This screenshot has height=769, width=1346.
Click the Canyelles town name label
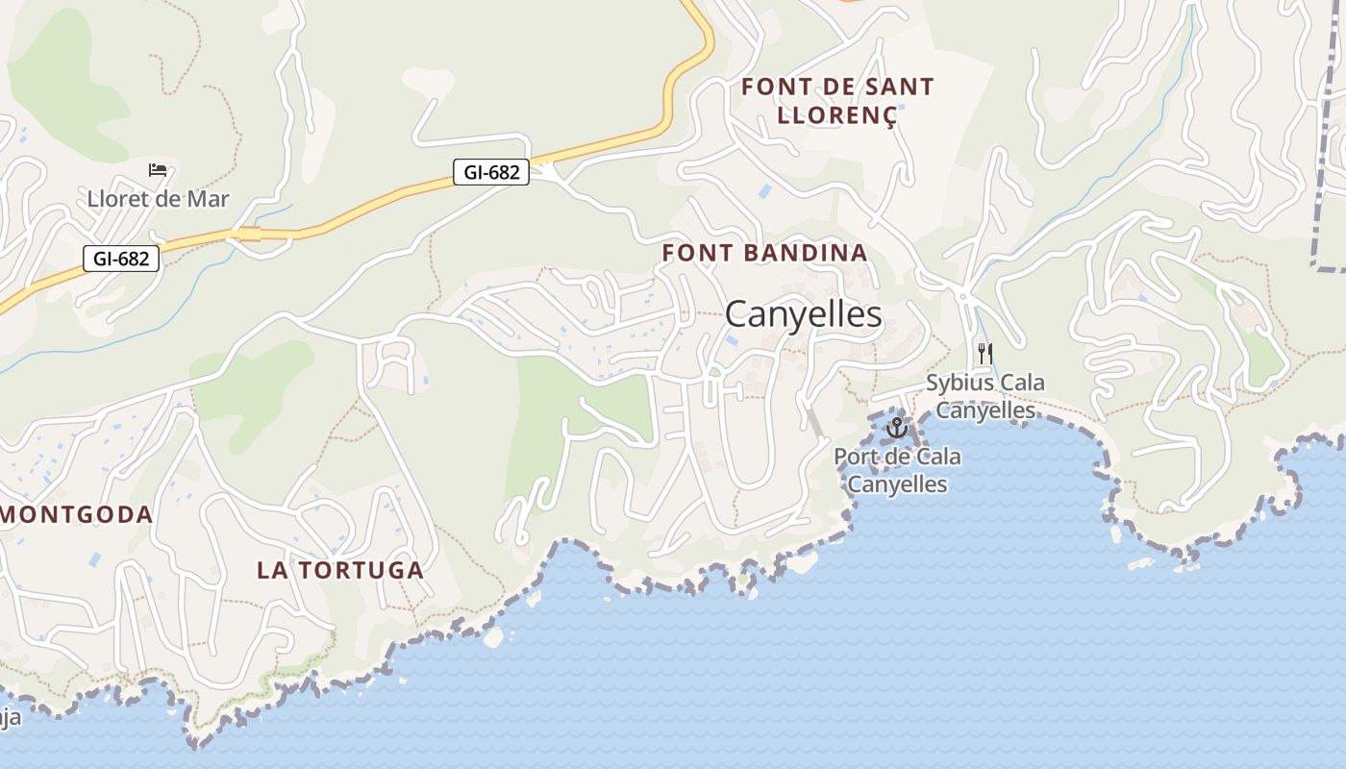[x=803, y=314]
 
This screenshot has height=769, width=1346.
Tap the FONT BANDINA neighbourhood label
[x=764, y=254]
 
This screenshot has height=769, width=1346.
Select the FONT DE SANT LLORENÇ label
[x=837, y=101]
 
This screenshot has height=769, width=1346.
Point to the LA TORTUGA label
[x=339, y=570]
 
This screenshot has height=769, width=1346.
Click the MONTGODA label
[x=77, y=514]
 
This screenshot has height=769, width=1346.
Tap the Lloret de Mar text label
[x=158, y=200]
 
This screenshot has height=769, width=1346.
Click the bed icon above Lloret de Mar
[x=158, y=170]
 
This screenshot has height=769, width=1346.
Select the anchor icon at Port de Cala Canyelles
[x=896, y=427]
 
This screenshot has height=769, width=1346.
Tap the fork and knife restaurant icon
[x=985, y=354]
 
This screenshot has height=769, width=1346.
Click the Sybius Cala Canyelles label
[x=985, y=396]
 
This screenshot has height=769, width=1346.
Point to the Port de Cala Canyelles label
[x=896, y=470]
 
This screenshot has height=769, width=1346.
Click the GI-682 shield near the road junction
[x=491, y=173]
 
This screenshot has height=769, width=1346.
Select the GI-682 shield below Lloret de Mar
[x=120, y=258]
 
